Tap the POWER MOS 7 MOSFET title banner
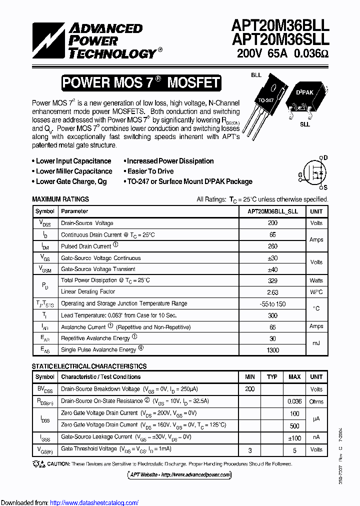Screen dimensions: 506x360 [x=141, y=82]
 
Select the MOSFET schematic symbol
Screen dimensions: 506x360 [x=313, y=173]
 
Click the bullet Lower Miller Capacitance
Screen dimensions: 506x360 [x=73, y=171]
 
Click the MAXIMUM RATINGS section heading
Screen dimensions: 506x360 [x=60, y=199]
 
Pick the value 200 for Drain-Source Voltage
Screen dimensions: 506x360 [x=272, y=223]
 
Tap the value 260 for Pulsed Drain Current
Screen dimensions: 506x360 [x=272, y=246]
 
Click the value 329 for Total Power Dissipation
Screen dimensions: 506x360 [x=272, y=280]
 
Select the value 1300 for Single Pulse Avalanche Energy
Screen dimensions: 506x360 [x=272, y=350]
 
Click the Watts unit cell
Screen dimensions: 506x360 [x=316, y=280]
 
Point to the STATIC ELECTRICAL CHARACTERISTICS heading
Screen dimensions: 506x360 [x=89, y=366]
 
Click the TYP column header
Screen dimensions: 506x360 [x=272, y=377]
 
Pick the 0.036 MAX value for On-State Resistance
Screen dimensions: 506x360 [x=294, y=401]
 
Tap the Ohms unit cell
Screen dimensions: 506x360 [x=316, y=401]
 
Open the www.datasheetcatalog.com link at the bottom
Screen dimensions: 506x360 [x=94, y=502]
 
